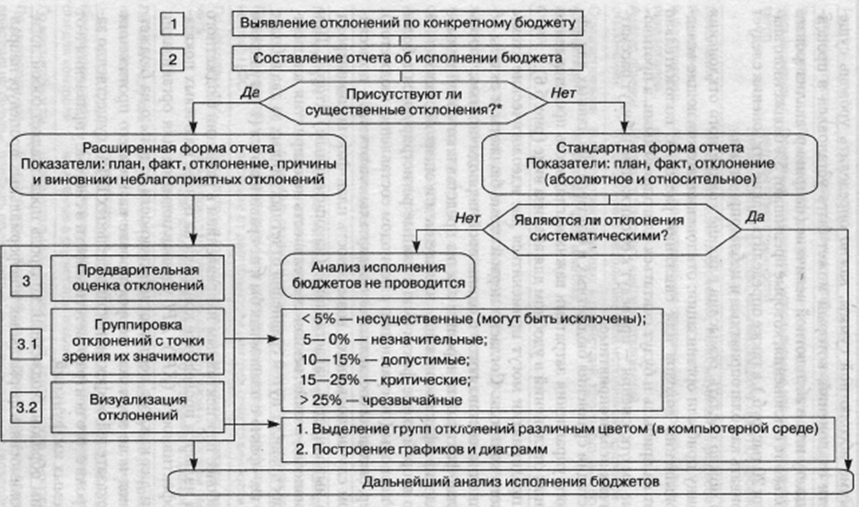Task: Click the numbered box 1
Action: [174, 23]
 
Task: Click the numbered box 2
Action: [174, 58]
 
